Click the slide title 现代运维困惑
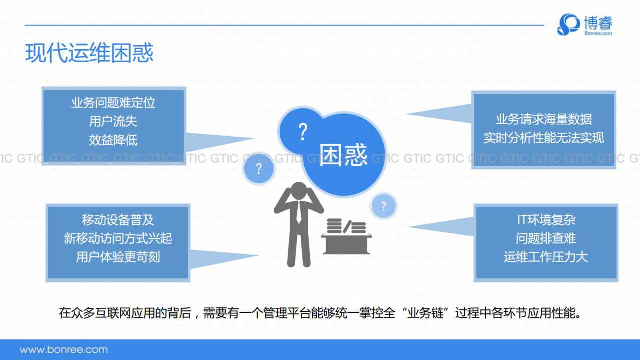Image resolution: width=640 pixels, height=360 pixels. point(89,53)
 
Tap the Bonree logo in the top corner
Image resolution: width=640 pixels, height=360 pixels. point(584,25)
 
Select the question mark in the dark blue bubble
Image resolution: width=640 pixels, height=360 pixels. point(302,132)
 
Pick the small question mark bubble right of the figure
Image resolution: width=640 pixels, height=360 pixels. point(383,206)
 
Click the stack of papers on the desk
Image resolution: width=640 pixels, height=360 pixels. point(346,226)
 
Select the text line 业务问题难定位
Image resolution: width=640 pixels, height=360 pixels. point(113,103)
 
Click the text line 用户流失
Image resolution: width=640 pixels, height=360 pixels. point(113,121)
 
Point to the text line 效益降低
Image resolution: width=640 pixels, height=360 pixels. point(113,140)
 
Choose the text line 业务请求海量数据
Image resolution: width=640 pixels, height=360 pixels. point(543,119)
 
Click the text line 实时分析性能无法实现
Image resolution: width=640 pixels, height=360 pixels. point(543,138)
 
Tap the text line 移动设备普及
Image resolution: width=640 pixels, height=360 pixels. point(118,220)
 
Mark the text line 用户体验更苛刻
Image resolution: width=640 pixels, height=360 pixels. point(118,257)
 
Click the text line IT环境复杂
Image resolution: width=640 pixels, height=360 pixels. point(546,220)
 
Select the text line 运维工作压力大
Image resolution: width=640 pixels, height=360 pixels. point(546,257)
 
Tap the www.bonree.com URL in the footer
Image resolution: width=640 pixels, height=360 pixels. point(64,349)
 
